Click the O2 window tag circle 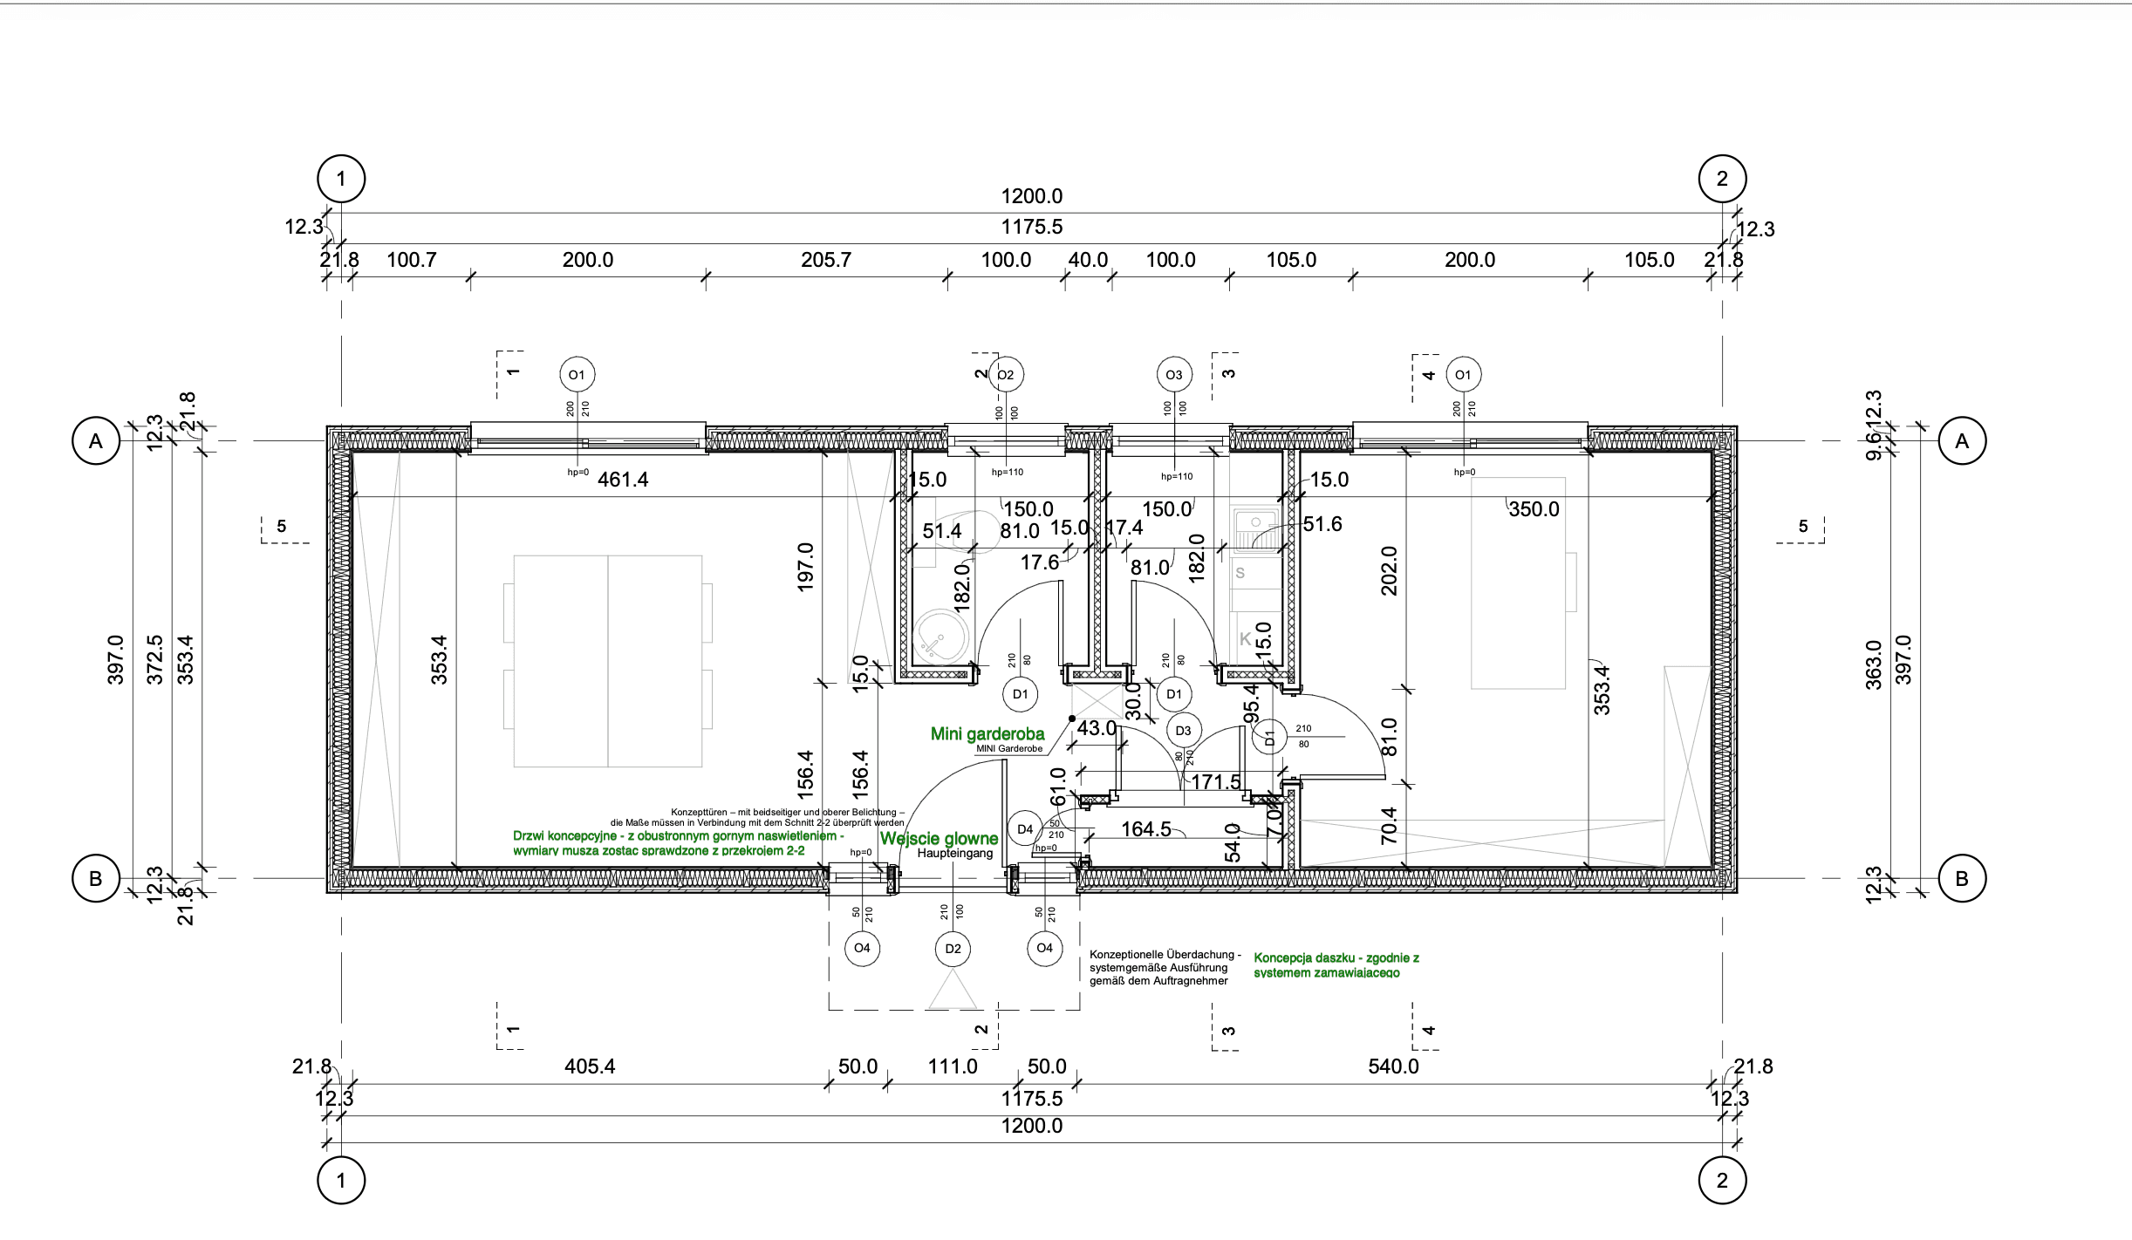coord(1006,375)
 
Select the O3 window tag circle coord(1174,375)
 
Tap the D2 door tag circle coord(953,949)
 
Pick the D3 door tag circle coord(1183,731)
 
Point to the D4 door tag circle coord(1025,829)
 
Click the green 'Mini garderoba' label coord(987,734)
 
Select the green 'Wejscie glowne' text coord(939,839)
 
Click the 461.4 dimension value coord(623,480)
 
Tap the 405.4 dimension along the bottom coord(590,1066)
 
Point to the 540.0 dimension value coord(1393,1066)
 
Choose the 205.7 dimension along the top coord(826,260)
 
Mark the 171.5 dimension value coord(1215,782)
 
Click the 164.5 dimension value coord(1145,829)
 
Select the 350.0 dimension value coord(1534,509)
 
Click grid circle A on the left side coord(96,441)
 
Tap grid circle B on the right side coord(1962,878)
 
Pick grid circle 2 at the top coord(1722,179)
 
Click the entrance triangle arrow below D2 coord(953,991)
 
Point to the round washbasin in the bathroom coord(936,640)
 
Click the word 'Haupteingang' coord(954,854)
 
